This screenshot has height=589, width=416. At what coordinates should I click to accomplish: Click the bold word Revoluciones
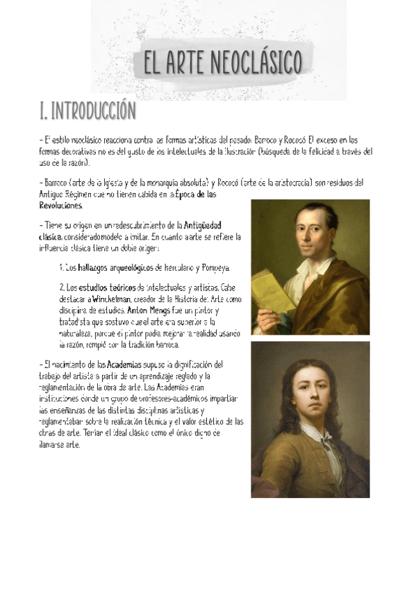pyautogui.click(x=62, y=206)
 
